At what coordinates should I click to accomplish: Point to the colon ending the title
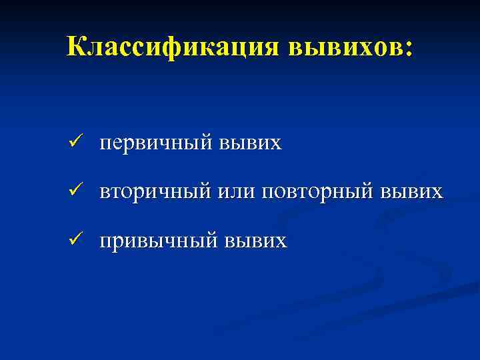(409, 48)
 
